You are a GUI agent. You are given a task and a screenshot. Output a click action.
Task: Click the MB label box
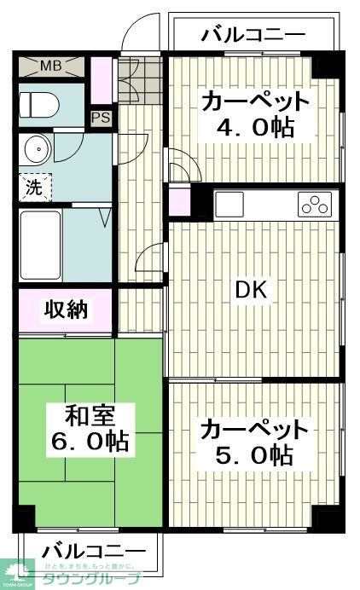click(50, 66)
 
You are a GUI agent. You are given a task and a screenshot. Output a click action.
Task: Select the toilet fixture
click(39, 104)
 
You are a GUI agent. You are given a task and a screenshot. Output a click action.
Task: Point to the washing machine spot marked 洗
click(33, 188)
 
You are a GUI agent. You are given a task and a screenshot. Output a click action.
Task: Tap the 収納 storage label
click(65, 310)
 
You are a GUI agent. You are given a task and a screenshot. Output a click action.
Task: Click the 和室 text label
click(90, 417)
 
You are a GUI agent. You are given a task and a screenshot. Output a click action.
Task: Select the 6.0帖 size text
click(90, 442)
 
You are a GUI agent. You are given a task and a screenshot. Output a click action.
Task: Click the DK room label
click(252, 291)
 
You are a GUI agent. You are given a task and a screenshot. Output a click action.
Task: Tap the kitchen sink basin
click(229, 205)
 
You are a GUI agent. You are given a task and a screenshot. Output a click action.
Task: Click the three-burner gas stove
click(313, 205)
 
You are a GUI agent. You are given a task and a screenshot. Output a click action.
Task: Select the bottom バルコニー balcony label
click(94, 550)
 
